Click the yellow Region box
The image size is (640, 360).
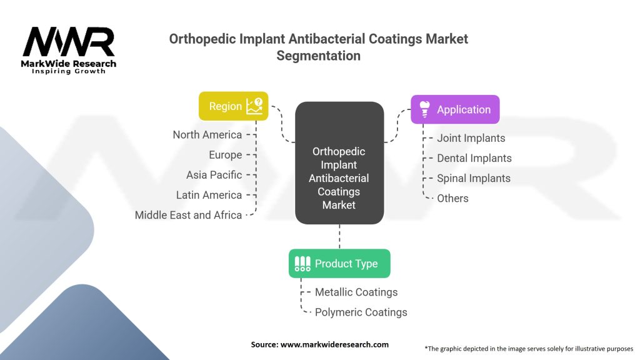(x=234, y=106)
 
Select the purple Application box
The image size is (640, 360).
(x=455, y=109)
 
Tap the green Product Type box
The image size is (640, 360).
(x=339, y=264)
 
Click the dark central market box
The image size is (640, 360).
(x=339, y=163)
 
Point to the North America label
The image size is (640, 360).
(x=207, y=135)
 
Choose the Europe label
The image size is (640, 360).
(x=225, y=155)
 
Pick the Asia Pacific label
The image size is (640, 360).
(x=214, y=175)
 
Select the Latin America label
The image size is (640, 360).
(x=209, y=195)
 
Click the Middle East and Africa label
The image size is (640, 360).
(x=189, y=215)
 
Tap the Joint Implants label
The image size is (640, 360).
(x=471, y=138)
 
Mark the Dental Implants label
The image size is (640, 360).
(x=474, y=158)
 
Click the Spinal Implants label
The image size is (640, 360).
(x=474, y=178)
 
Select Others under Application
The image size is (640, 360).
(x=452, y=198)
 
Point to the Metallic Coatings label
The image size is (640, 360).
(x=356, y=292)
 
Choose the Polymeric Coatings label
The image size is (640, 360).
(x=361, y=312)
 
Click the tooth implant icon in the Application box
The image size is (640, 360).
(x=425, y=109)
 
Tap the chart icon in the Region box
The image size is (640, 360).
(x=255, y=106)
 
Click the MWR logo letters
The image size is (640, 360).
(x=69, y=42)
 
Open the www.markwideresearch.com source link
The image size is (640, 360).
(x=334, y=344)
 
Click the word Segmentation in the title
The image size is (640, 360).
(x=318, y=56)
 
